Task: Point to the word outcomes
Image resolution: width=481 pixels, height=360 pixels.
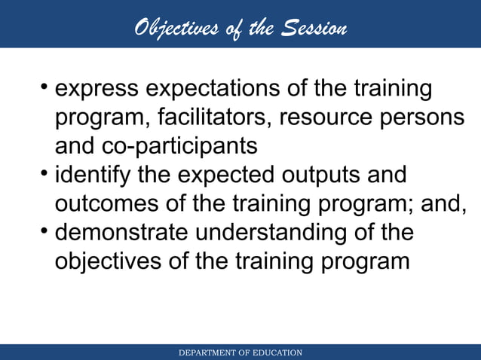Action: pyautogui.click(x=108, y=204)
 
